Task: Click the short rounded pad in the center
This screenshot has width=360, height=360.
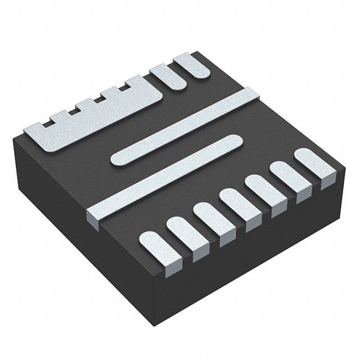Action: [x=174, y=150]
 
